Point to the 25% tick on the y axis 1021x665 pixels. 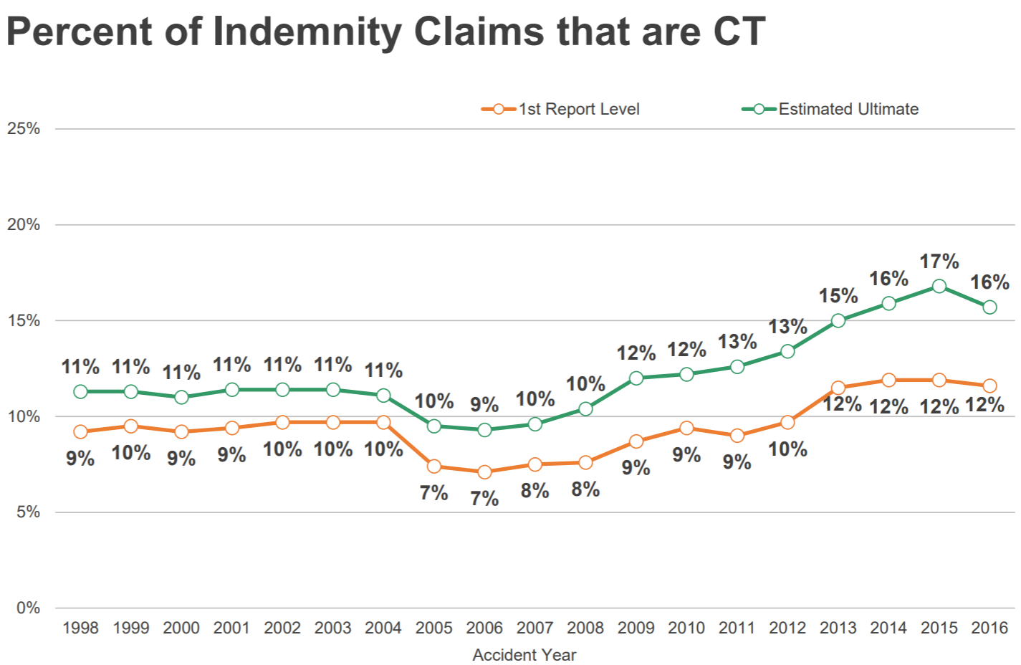coord(24,129)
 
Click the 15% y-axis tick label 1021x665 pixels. coord(24,320)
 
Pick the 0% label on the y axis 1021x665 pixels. coord(28,608)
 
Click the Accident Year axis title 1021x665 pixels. coord(524,654)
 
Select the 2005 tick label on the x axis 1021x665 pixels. coord(433,628)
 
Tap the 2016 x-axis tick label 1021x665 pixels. coord(989,628)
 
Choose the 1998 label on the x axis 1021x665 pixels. coord(80,628)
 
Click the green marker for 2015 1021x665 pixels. coord(939,286)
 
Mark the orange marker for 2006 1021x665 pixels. coord(484,472)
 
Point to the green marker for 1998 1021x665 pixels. coord(80,391)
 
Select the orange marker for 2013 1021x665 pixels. coord(838,388)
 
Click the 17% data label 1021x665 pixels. coord(939,262)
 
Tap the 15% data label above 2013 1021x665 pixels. coord(838,295)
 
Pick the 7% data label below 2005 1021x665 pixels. coord(433,493)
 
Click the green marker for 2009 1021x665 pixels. coord(636,378)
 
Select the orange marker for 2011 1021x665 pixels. coord(737,435)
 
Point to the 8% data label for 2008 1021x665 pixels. coord(585,489)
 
